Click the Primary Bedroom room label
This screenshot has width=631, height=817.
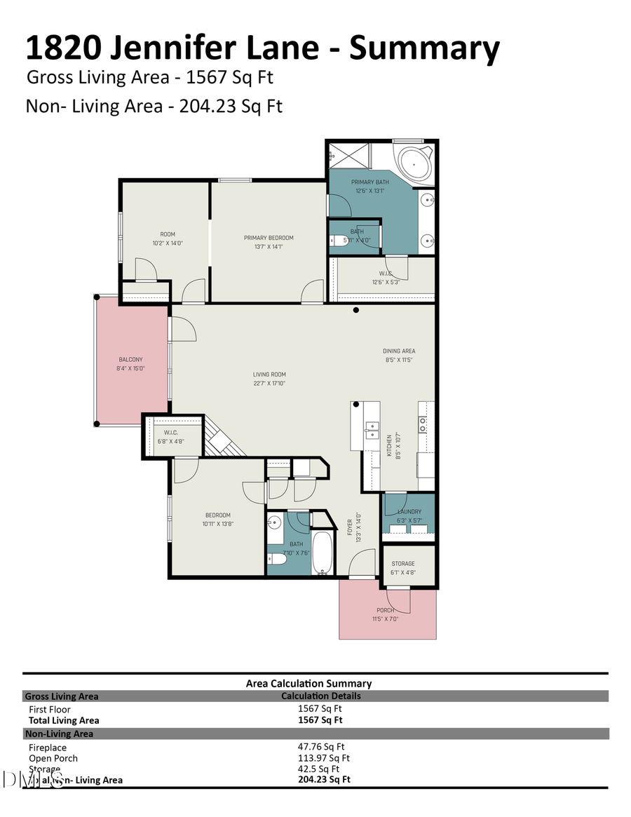pyautogui.click(x=269, y=238)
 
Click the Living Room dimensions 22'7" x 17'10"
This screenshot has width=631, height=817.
pyautogui.click(x=269, y=384)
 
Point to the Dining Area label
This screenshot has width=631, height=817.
pyautogui.click(x=399, y=351)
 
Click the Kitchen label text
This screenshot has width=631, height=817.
pyautogui.click(x=390, y=445)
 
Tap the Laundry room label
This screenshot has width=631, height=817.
pyautogui.click(x=408, y=512)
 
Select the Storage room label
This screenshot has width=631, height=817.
pyautogui.click(x=402, y=563)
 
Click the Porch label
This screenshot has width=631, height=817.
pyautogui.click(x=385, y=610)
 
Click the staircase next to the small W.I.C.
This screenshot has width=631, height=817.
pyautogui.click(x=223, y=438)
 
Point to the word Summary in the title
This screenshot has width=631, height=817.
pyautogui.click(x=424, y=48)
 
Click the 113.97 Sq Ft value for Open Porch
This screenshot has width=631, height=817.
pyautogui.click(x=323, y=758)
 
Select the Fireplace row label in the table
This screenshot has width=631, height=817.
pyautogui.click(x=48, y=748)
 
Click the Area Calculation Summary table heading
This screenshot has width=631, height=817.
pyautogui.click(x=308, y=683)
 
